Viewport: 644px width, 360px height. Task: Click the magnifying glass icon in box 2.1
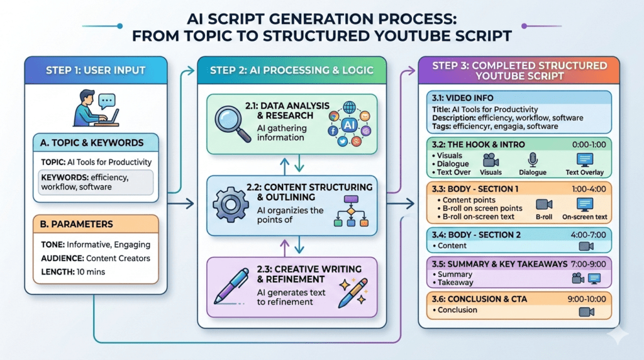click(x=230, y=123)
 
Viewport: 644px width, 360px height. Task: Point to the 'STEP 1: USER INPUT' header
click(x=96, y=70)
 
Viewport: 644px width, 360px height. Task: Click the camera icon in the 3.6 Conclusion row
click(x=586, y=312)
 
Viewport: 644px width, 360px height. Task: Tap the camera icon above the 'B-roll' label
click(x=544, y=205)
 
